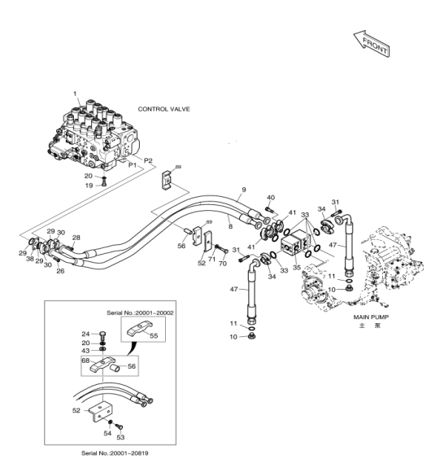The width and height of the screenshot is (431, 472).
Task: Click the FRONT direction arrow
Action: coord(372,44)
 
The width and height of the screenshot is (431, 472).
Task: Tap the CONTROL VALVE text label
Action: coord(164,109)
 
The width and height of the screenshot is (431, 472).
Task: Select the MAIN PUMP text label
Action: coord(371,317)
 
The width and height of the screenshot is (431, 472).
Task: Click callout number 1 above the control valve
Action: coord(75,94)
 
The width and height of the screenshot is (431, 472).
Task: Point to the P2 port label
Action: coord(148,160)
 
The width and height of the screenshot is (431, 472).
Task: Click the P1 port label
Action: coord(133,165)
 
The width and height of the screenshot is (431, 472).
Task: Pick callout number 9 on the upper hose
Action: coord(244,190)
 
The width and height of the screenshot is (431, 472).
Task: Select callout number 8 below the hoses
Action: coord(230,226)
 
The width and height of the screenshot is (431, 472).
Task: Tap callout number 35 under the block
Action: coord(297,267)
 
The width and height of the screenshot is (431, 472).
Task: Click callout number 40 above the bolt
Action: coord(271,198)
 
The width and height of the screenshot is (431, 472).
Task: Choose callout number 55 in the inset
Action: coord(154,335)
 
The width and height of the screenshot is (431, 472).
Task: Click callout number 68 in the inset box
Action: coord(85,361)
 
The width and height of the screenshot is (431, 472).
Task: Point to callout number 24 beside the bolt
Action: coord(85,334)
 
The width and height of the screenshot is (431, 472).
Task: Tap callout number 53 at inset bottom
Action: coord(120,437)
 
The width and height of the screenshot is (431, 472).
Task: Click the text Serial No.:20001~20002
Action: coord(140,312)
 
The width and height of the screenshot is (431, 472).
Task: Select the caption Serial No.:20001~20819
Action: coord(115,453)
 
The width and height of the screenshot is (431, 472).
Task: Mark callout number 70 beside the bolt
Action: coord(223,264)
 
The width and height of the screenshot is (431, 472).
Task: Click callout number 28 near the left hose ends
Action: coord(76,238)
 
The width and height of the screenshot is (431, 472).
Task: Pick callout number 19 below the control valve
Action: coord(89,186)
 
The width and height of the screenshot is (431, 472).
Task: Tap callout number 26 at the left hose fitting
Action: coord(60,271)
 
